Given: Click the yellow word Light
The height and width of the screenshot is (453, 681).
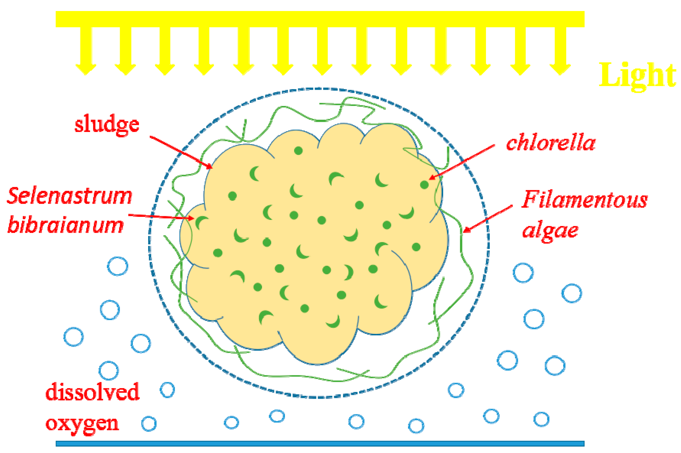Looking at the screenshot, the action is tap(637, 75).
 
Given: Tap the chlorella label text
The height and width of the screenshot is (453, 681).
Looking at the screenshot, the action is tap(551, 143).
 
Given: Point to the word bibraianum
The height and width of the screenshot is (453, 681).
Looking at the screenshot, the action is tap(66, 225).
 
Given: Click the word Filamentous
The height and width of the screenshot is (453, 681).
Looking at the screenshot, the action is tap(585, 199).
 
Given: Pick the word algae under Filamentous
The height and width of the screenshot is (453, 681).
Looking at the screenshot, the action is tap(550, 230).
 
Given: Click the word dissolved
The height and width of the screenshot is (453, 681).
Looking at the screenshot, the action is tap(92, 392).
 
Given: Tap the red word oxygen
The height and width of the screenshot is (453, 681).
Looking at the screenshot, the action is tap(82, 424).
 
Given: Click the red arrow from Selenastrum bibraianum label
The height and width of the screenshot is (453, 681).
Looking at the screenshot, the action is tap(161, 217).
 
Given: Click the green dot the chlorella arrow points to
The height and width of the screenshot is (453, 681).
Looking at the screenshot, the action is tap(424, 185).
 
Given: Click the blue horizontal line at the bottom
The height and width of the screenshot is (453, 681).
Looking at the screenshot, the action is tap(320, 444).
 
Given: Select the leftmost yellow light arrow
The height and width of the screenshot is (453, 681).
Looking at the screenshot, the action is tap(86, 51).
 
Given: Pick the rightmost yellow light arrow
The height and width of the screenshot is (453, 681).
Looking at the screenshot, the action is tap(560, 51).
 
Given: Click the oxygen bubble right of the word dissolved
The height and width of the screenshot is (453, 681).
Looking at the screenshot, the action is tap(167, 390).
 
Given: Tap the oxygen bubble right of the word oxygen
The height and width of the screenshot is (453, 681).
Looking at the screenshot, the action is tap(149, 424).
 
